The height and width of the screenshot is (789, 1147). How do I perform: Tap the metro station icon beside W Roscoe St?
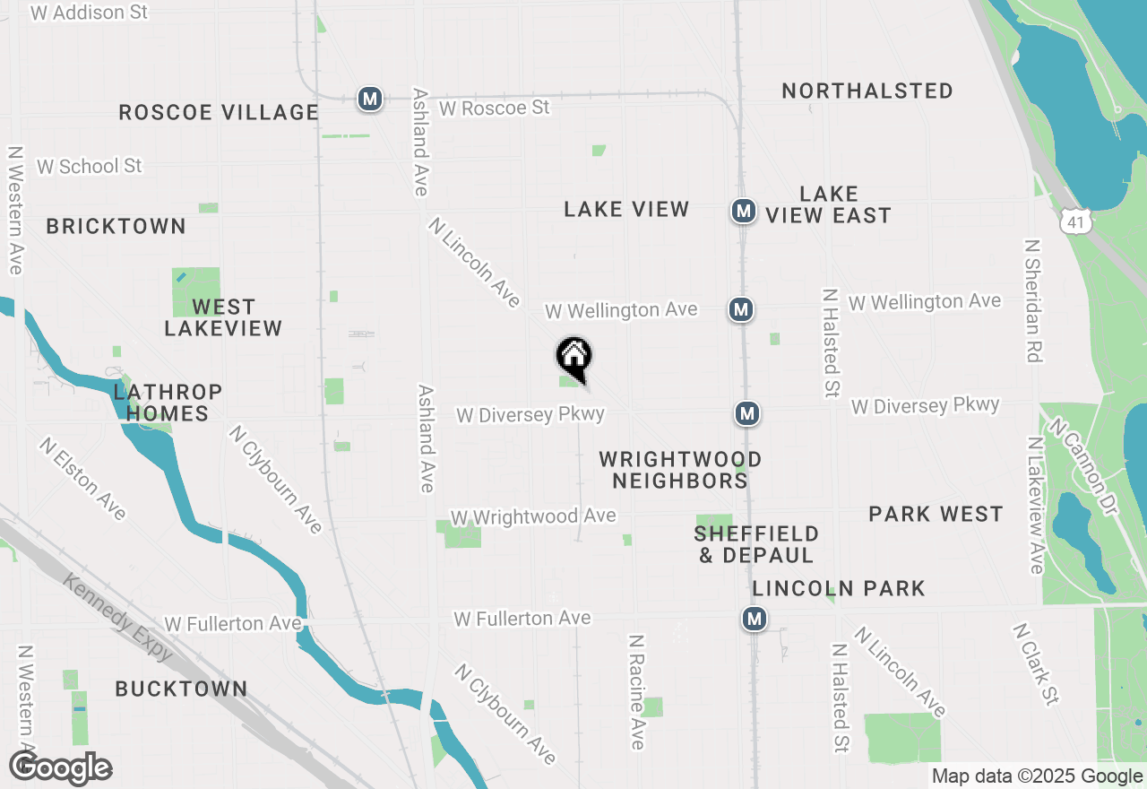pos(369,99)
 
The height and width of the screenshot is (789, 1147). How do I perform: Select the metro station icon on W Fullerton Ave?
pos(755,619)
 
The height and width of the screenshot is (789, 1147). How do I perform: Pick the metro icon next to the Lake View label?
pos(742,212)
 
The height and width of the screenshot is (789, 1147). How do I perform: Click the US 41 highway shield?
pos(1075,219)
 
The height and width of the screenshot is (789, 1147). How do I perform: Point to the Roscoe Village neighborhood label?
pos(219,112)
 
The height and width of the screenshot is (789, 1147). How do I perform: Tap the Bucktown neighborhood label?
pos(181,689)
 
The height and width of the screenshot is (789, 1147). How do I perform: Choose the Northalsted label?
pos(867,91)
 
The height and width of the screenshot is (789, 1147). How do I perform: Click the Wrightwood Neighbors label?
pos(680,470)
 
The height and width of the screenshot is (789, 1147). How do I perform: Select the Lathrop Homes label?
pos(168,403)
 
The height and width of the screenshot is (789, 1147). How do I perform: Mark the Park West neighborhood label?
pos(936,514)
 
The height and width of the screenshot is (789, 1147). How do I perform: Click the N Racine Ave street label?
pos(636,692)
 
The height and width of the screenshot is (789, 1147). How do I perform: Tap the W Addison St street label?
pos(89,13)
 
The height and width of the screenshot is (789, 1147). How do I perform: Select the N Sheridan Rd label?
pos(1033,300)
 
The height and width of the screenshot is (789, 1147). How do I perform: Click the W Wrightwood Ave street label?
pos(533,516)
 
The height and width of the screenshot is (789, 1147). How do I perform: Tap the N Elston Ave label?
pos(82,479)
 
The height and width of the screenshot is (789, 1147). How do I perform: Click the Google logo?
pos(60,767)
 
